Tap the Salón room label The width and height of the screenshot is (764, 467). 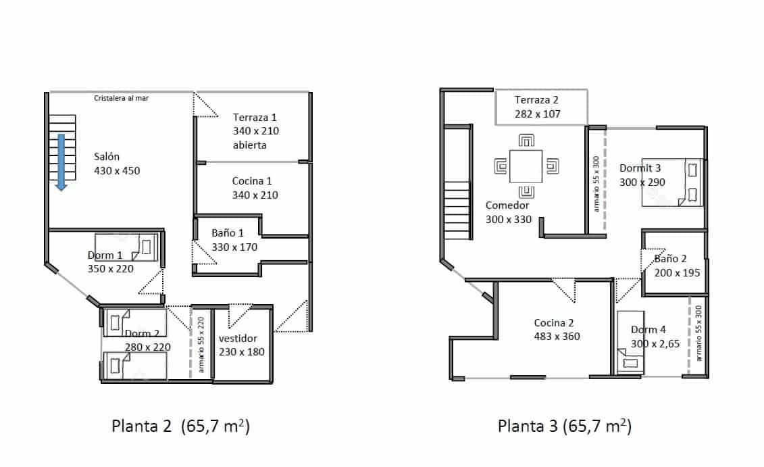tap(107, 157)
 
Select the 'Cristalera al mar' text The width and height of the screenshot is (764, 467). tap(121, 98)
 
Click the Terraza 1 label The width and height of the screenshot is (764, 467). tap(255, 117)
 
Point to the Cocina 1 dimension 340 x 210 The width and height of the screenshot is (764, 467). tap(255, 195)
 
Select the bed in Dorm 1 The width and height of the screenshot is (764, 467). tap(127, 247)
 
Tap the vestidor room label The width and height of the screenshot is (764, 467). tap(238, 338)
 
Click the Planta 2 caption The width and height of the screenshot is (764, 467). tap(180, 426)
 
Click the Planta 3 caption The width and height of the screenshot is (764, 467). tap(564, 426)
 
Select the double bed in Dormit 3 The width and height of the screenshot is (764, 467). tap(672, 182)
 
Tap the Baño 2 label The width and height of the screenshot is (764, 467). tap(670, 258)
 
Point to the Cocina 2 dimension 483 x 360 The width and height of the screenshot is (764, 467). tap(557, 336)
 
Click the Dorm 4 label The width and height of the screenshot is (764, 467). tap(648, 330)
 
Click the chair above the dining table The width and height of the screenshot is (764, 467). tap(527, 141)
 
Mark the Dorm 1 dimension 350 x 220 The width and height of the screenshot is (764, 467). tap(111, 268)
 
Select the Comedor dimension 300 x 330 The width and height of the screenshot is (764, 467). tap(509, 219)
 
